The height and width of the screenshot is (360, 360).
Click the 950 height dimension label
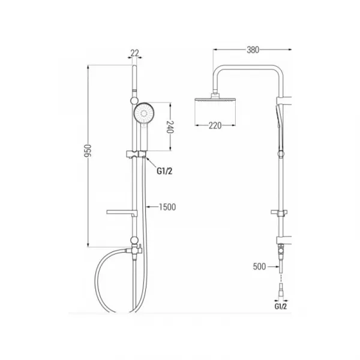(x=88, y=151)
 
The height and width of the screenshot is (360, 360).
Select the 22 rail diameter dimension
(x=135, y=53)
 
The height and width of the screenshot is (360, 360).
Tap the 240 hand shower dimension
(x=170, y=127)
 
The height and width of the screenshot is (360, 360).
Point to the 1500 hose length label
(x=167, y=207)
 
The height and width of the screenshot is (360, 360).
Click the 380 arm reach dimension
(x=253, y=50)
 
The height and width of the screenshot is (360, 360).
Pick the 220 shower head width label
(x=215, y=125)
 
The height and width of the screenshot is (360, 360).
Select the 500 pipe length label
(x=259, y=266)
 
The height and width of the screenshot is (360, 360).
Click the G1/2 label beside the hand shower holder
(x=164, y=171)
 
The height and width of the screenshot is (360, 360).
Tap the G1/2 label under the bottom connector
(x=281, y=306)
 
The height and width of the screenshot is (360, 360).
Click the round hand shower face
(x=144, y=113)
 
